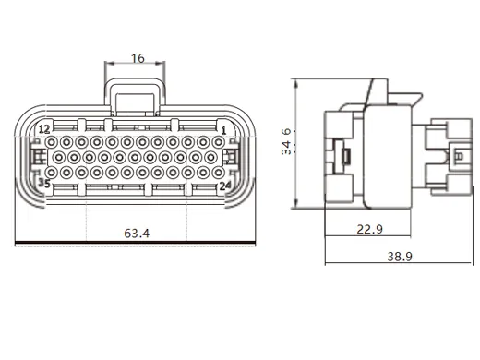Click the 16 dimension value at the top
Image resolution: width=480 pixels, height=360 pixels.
click(137, 58)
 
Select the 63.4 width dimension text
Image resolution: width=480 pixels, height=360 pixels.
click(137, 234)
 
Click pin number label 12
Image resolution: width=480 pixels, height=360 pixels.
click(42, 129)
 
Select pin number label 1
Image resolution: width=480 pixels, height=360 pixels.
click(223, 130)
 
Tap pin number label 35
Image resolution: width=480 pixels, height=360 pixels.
click(42, 184)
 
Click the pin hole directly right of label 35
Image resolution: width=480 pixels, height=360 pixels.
click(57, 184)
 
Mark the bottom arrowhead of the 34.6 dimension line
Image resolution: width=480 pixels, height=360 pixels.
click(295, 206)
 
